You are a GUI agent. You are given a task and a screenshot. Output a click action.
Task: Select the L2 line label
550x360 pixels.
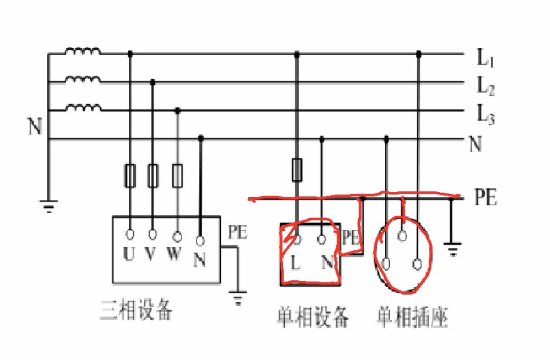(486, 86)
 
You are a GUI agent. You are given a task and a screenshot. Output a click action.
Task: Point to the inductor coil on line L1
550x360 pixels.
(82, 51)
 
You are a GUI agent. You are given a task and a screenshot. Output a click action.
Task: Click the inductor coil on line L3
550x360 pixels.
(82, 107)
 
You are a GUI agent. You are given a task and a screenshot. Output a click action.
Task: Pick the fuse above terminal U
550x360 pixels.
(130, 176)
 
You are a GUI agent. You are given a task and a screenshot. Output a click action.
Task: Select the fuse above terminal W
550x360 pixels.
(177, 176)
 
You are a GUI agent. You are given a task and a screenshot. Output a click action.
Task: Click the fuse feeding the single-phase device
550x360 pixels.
(297, 170)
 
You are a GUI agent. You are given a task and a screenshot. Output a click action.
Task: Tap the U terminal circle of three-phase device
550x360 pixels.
(130, 234)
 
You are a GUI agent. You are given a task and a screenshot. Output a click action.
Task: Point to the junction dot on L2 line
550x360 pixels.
(153, 82)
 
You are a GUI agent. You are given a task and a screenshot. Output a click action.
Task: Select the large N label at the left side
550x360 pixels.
(35, 126)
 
